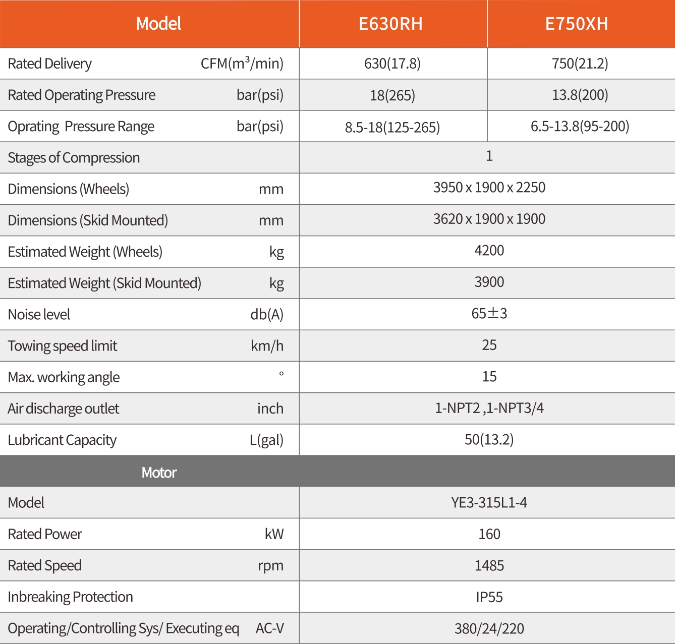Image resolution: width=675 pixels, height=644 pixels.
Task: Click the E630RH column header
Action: click(390, 24)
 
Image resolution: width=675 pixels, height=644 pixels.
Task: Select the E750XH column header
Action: click(577, 24)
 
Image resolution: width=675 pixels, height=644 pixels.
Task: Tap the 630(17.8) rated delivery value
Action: click(392, 64)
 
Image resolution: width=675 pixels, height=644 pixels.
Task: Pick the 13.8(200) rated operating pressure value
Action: click(580, 95)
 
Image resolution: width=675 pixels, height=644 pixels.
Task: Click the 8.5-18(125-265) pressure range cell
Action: click(392, 127)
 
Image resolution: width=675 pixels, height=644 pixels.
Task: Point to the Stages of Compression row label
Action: click(74, 158)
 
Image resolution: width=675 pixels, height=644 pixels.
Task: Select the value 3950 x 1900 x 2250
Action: click(489, 188)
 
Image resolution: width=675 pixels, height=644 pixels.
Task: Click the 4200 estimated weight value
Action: click(489, 251)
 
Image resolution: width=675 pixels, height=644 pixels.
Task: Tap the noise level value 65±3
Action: click(489, 314)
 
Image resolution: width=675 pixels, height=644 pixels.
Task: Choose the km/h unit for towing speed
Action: click(267, 346)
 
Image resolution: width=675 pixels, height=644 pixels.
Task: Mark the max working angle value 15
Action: click(489, 377)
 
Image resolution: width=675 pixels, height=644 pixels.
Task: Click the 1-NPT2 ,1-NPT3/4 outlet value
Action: click(489, 408)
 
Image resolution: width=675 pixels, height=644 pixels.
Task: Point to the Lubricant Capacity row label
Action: click(62, 440)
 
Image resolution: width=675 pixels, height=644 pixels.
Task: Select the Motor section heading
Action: click(159, 473)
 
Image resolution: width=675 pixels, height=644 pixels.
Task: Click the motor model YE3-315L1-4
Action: click(489, 503)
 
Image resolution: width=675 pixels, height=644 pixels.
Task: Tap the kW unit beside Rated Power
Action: click(274, 534)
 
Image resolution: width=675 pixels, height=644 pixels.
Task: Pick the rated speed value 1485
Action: click(489, 566)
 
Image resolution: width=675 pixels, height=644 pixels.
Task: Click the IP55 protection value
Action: click(489, 597)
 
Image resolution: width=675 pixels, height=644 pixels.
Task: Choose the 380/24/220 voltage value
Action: click(489, 629)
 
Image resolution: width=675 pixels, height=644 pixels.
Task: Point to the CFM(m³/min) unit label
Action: click(242, 64)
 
